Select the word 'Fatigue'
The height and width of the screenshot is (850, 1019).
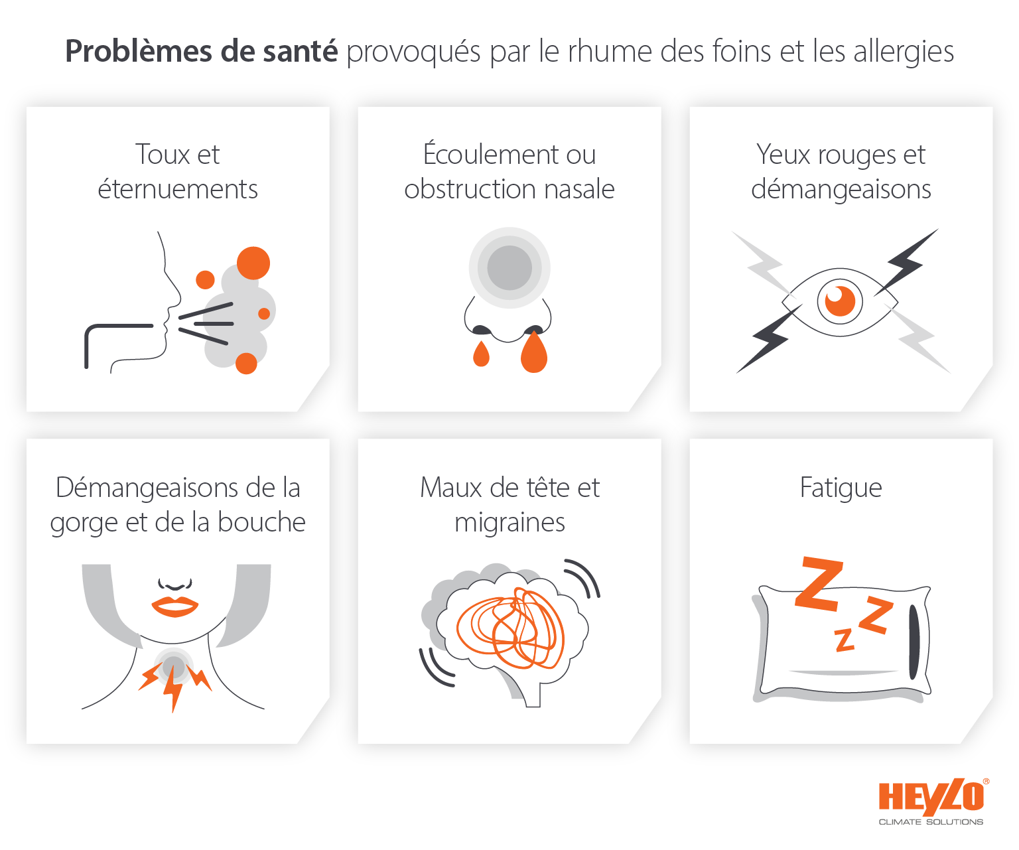[x=841, y=488]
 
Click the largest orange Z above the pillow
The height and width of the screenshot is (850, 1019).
[x=820, y=584]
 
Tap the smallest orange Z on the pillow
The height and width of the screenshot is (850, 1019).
[x=844, y=640]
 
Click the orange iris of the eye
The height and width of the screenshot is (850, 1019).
[x=840, y=301]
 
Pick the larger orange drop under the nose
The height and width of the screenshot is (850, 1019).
[x=534, y=353]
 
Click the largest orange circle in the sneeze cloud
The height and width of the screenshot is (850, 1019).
[x=253, y=263]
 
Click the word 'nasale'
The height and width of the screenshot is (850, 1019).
[x=579, y=190]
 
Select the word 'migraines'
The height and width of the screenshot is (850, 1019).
[x=509, y=523]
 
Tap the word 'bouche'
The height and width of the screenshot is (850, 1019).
[x=261, y=523]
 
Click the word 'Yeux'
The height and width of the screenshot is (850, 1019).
[x=783, y=155]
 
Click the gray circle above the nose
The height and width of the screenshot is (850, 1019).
[x=509, y=268]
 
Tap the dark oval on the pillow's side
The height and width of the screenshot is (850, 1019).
[x=914, y=641]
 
